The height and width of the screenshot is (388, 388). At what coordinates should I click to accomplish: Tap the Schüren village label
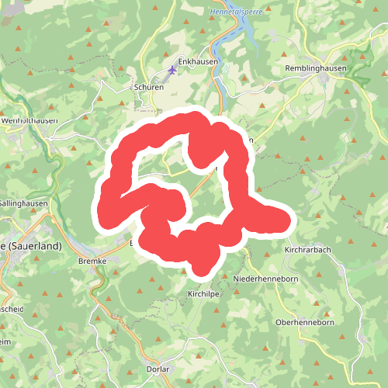148,88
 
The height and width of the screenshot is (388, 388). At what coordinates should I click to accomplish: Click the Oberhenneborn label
304,321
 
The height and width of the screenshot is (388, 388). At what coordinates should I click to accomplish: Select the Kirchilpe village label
205,295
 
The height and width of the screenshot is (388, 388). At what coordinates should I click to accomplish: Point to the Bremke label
92,262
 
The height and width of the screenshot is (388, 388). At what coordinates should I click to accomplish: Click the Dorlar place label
158,369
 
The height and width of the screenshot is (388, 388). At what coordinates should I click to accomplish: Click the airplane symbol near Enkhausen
171,71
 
